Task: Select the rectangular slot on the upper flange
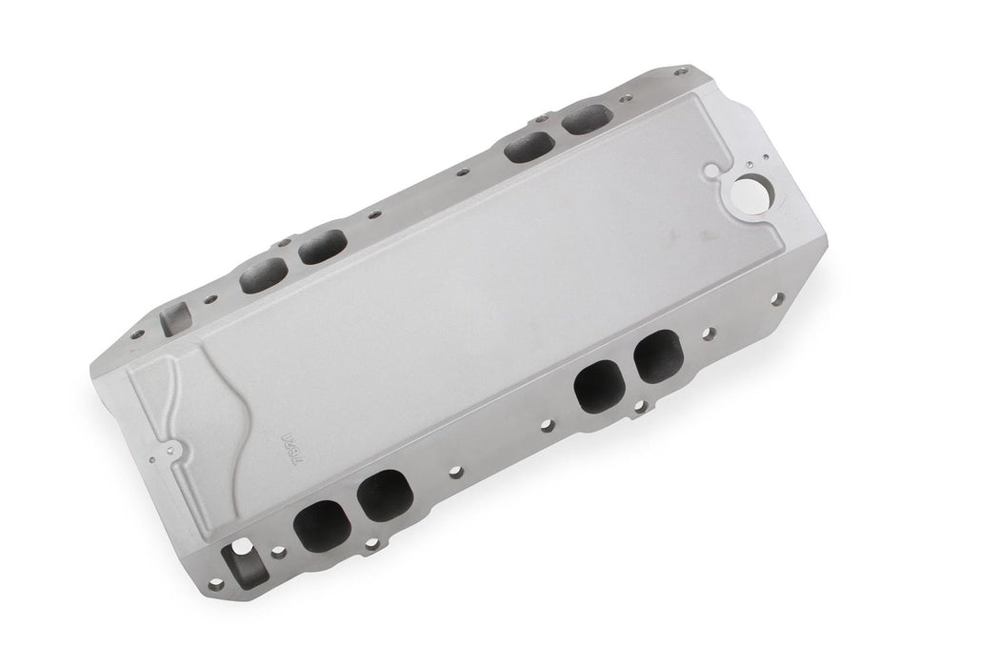[x=171, y=315]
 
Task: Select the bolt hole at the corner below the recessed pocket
[x=216, y=582]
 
